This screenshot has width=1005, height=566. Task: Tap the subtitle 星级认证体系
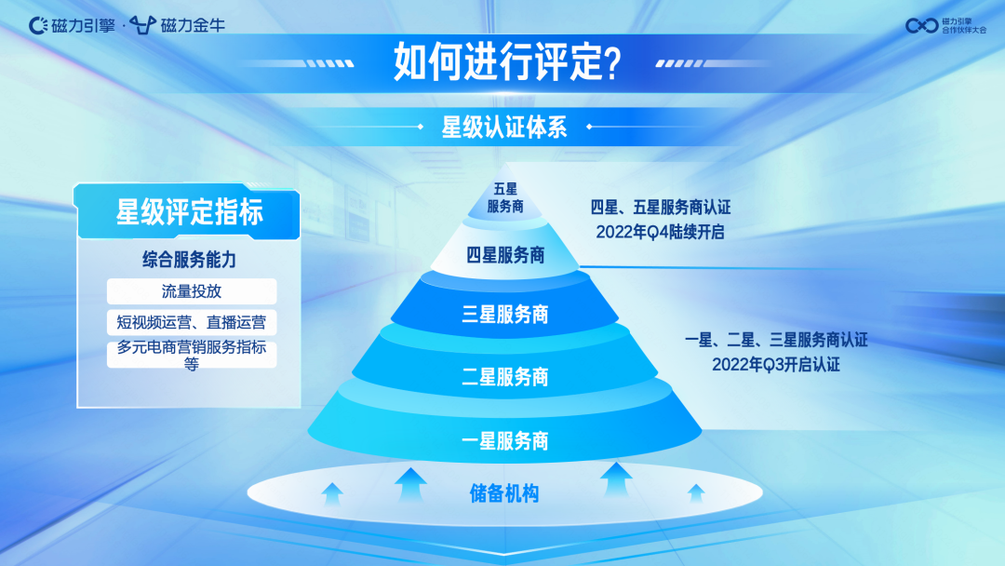pos(503,128)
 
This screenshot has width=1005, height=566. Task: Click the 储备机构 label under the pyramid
pos(504,494)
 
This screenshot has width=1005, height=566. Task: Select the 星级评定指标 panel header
pos(189,212)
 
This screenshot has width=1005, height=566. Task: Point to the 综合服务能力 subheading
pos(189,261)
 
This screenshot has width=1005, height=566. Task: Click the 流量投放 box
pos(192,291)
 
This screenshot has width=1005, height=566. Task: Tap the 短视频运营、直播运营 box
pos(192,323)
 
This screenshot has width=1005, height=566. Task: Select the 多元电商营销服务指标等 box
pos(192,355)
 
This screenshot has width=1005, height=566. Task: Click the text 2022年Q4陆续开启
pos(660,233)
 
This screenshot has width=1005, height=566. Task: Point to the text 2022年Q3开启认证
pos(776,365)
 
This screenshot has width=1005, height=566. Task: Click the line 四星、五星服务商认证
pos(660,208)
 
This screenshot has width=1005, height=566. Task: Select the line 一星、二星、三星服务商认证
pos(776,340)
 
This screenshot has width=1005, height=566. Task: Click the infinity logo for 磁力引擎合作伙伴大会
pos(921,25)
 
